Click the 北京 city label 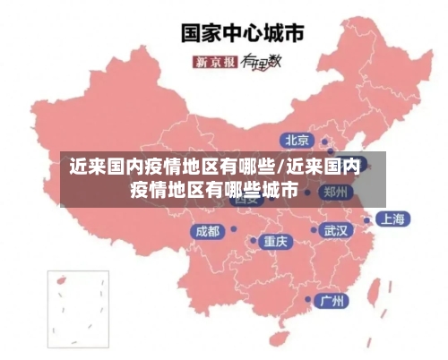coord(297,140)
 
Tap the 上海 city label coord(392,219)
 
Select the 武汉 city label coord(337,230)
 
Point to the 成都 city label coord(207,231)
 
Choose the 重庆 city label coord(275,241)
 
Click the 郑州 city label coord(338,191)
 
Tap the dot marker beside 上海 coord(367,219)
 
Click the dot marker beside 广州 coord(308,300)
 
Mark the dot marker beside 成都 coord(232,230)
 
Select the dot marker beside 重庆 coord(253,240)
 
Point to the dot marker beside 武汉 coord(314,230)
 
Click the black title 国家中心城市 coord(243,33)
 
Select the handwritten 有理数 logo coord(262,61)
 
